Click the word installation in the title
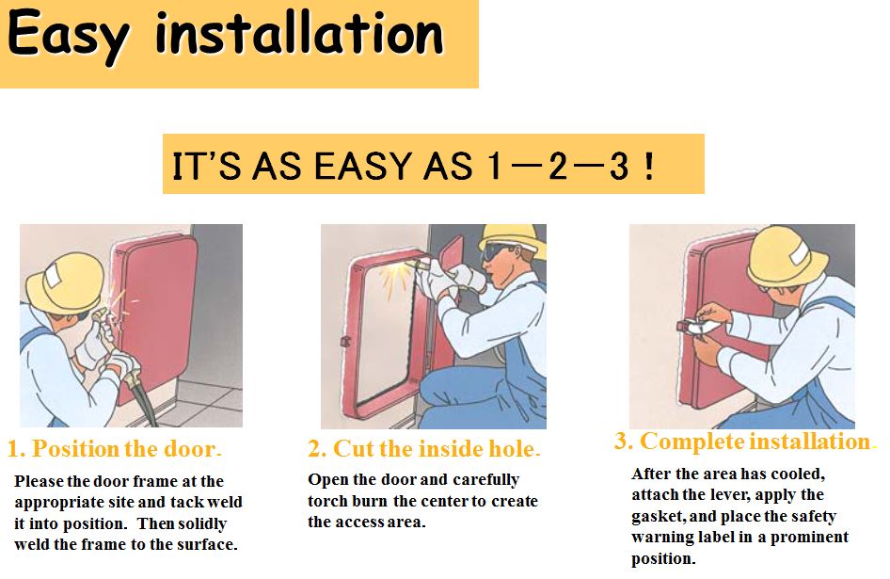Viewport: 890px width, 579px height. (x=299, y=34)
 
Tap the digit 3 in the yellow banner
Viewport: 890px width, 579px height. (x=617, y=166)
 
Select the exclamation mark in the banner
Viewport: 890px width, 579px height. (x=648, y=166)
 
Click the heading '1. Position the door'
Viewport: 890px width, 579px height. (x=114, y=449)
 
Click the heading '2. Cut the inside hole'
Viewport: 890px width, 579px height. (x=424, y=449)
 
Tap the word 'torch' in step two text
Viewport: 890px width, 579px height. (x=329, y=501)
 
